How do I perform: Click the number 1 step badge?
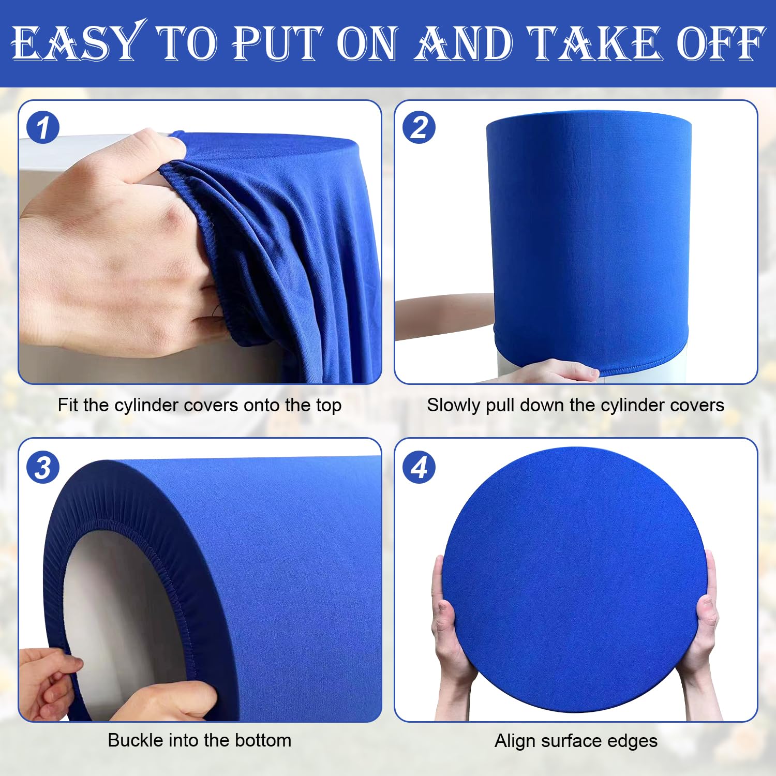pos(43,128)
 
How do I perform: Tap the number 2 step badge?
pos(419,128)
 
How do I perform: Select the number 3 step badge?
pos(43,468)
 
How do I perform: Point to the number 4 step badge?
pos(419,468)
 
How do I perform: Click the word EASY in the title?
pos(78,43)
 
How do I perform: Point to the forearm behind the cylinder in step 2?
pos(445,316)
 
